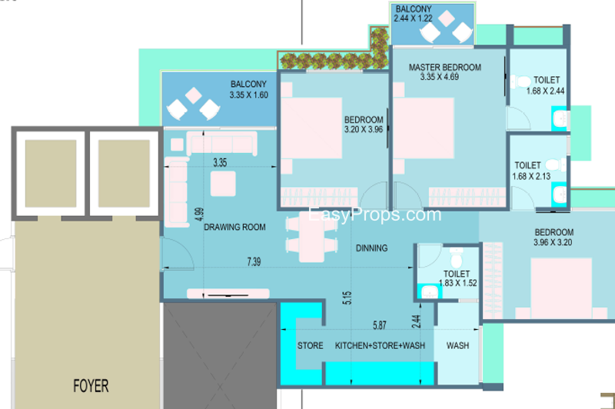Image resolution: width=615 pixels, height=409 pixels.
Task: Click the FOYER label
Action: pos(91,386)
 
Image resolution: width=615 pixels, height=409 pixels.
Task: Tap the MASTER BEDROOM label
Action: pos(445,67)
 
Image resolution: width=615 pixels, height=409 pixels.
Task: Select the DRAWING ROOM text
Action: pos(234,227)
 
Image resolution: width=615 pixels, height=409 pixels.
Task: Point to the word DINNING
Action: pos(371,248)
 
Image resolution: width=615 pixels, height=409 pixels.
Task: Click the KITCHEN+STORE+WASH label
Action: pos(380,345)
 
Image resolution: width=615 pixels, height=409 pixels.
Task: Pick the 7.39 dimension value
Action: pos(254,261)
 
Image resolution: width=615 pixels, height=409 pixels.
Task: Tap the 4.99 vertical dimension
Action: pos(199,214)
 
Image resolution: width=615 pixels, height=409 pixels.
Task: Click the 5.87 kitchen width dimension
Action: pos(379,324)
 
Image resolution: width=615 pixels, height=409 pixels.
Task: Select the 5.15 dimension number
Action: pos(347,298)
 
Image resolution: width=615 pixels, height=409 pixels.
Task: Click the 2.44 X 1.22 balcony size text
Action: pos(413,18)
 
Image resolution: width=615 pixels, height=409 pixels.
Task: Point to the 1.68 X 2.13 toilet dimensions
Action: pos(531,177)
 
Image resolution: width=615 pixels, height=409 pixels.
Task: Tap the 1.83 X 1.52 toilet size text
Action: pos(457,283)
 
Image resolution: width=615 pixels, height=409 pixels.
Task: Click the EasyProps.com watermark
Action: pos(374,215)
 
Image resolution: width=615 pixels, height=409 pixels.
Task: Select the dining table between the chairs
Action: pos(311,239)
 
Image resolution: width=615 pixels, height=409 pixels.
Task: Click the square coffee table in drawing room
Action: pos(223,184)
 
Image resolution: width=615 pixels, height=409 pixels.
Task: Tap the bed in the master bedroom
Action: pos(424,128)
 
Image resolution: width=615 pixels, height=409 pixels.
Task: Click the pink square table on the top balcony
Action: pos(446,18)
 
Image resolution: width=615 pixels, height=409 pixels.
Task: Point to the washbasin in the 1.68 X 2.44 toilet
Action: pos(560,118)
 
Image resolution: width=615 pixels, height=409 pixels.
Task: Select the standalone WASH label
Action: pos(457,345)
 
